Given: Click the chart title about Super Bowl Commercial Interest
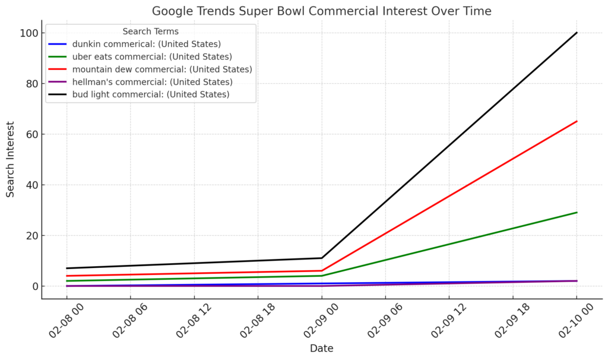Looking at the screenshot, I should click(321, 11).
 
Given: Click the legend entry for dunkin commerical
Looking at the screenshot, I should click(146, 44).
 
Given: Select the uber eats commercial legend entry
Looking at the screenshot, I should click(151, 56).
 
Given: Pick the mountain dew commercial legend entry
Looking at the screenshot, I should click(161, 69).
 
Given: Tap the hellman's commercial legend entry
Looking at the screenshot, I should click(152, 81).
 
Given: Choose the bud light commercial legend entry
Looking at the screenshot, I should click(150, 94).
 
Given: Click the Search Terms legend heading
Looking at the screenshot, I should click(150, 31).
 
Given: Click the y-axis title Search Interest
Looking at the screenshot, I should click(11, 159).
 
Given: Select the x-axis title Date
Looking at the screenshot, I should click(321, 349).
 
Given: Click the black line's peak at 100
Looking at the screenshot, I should click(577, 33).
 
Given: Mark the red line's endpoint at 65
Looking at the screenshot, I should click(577, 121).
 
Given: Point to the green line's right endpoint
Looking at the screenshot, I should click(577, 212).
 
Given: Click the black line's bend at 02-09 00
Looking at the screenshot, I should click(322, 258).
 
